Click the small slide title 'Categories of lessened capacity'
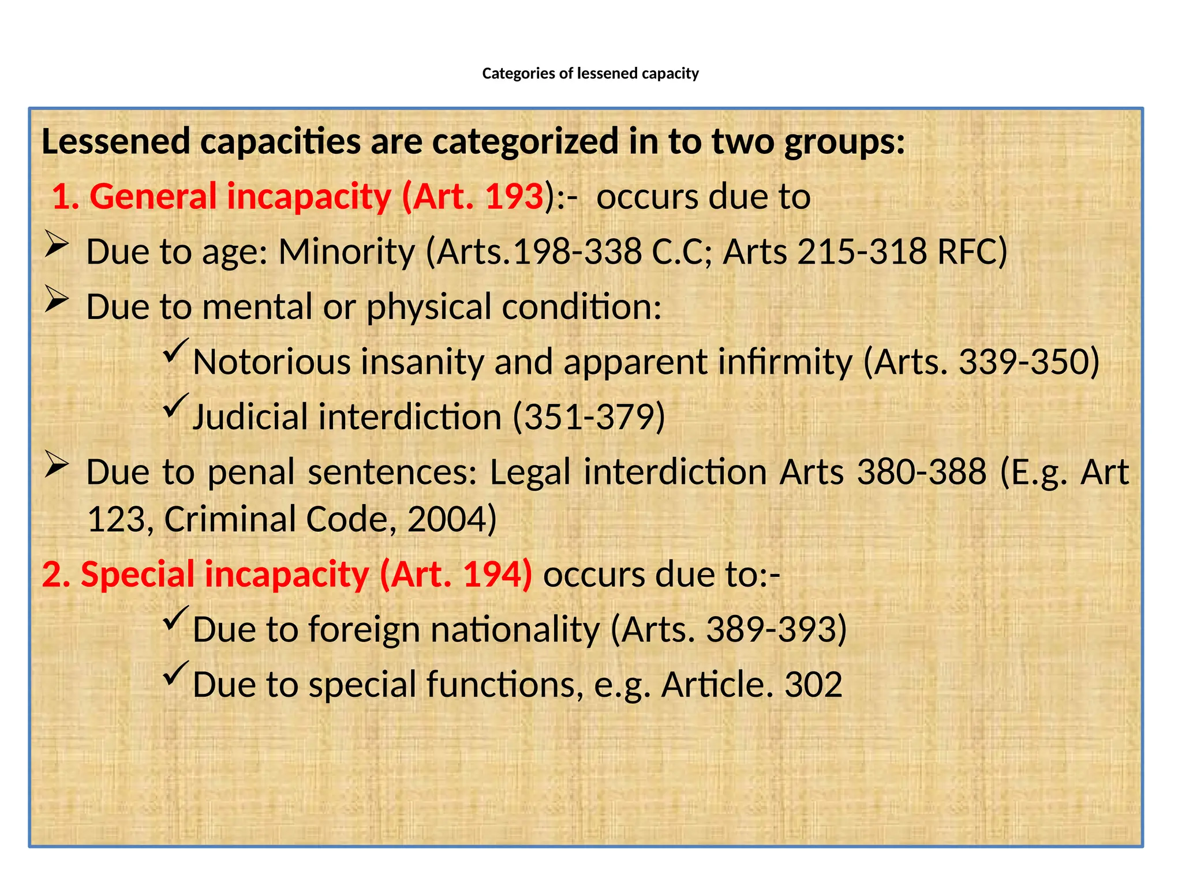(590, 74)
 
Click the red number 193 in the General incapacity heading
(514, 197)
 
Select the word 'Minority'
(346, 252)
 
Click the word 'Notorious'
(272, 362)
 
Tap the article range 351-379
(589, 417)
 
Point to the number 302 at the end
(813, 685)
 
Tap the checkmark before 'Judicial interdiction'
(175, 406)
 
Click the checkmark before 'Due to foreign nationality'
(175, 618)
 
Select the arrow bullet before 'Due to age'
(57, 244)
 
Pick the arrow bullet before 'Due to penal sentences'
(57, 464)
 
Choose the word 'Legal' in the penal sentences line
(530, 472)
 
